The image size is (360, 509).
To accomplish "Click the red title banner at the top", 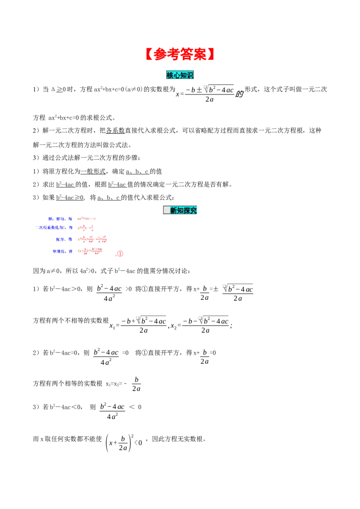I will tap(180, 54).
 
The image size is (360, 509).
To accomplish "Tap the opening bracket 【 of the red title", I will tap(148, 54).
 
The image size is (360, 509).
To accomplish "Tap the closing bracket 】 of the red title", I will tap(211, 54).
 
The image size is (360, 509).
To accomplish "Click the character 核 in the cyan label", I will tap(170, 75).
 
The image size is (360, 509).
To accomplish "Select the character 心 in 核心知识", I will tap(176, 75).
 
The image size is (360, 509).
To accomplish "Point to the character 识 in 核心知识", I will tap(190, 75).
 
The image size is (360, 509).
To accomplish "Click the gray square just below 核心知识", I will tap(205, 86).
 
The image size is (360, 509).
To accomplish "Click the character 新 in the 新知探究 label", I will tap(174, 210).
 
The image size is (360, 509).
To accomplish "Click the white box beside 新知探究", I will tap(166, 210).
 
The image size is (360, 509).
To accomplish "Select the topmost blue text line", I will tap(60, 219).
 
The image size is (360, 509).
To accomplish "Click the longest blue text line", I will tap(54, 228).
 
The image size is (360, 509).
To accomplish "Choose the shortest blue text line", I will tap(63, 240).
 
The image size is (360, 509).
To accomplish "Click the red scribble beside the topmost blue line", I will tap(86, 219).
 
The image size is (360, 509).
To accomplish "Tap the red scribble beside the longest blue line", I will tap(85, 228).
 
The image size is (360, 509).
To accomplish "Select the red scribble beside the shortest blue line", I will tap(92, 239).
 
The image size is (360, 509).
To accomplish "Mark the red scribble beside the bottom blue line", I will tap(90, 251).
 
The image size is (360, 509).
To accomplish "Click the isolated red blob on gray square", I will tap(120, 254).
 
